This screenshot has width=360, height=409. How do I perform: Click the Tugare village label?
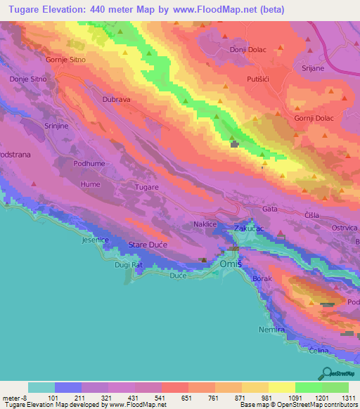click(x=147, y=188)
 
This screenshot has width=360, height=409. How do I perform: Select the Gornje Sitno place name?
click(x=66, y=60)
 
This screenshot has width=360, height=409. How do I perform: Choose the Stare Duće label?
click(x=146, y=245)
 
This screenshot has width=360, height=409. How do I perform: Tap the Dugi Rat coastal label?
click(x=129, y=265)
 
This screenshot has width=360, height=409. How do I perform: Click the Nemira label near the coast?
click(x=271, y=330)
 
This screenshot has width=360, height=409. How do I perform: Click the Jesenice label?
click(x=95, y=240)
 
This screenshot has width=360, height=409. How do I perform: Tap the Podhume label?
click(x=89, y=163)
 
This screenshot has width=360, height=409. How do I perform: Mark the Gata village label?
click(x=270, y=209)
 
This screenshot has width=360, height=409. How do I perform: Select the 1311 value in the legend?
click(x=349, y=397)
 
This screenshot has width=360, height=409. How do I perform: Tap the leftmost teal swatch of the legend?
click(x=41, y=387)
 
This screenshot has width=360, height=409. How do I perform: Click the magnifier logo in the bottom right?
click(x=326, y=374)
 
